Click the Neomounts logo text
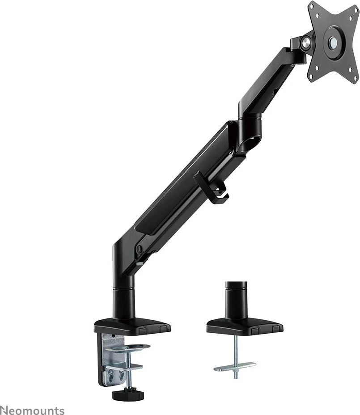coord(32,410)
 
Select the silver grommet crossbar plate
coord(235,366)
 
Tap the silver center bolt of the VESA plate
coord(333,43)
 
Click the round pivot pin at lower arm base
coord(139,249)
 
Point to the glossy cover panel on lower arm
coord(183,179)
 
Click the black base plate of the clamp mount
coord(132,326)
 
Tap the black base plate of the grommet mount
coord(245,326)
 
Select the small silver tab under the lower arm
coord(140,264)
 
